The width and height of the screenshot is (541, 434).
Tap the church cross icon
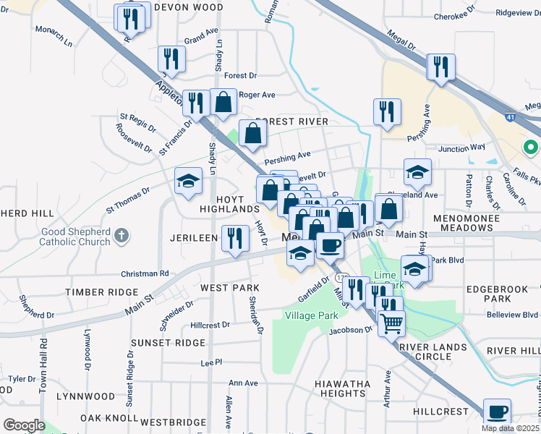click(122, 235)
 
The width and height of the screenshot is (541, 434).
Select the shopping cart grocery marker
click(391, 323)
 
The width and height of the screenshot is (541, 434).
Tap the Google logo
click(23, 425)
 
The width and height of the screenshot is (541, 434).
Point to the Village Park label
click(312, 316)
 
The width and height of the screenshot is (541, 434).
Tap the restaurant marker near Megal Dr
click(440, 67)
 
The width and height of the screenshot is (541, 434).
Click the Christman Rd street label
click(145, 274)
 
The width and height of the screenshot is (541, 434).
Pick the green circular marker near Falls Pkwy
click(530, 149)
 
